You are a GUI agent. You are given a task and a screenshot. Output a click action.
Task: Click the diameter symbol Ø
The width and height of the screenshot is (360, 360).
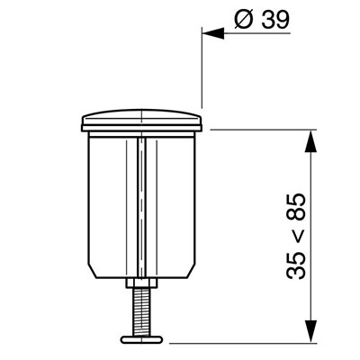tap(244, 20)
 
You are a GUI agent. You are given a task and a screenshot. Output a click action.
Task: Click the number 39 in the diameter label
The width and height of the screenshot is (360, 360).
tap(275, 20)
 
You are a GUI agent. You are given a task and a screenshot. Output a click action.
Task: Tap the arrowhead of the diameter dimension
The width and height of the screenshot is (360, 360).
tap(213, 33)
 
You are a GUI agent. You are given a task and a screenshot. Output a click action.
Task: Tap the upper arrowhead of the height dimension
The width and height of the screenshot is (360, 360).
tap(310, 141)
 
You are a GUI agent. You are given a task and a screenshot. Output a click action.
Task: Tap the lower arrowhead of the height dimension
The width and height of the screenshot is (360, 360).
tap(310, 331)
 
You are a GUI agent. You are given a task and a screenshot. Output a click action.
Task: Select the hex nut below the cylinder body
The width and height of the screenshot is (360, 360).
tap(141, 283)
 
